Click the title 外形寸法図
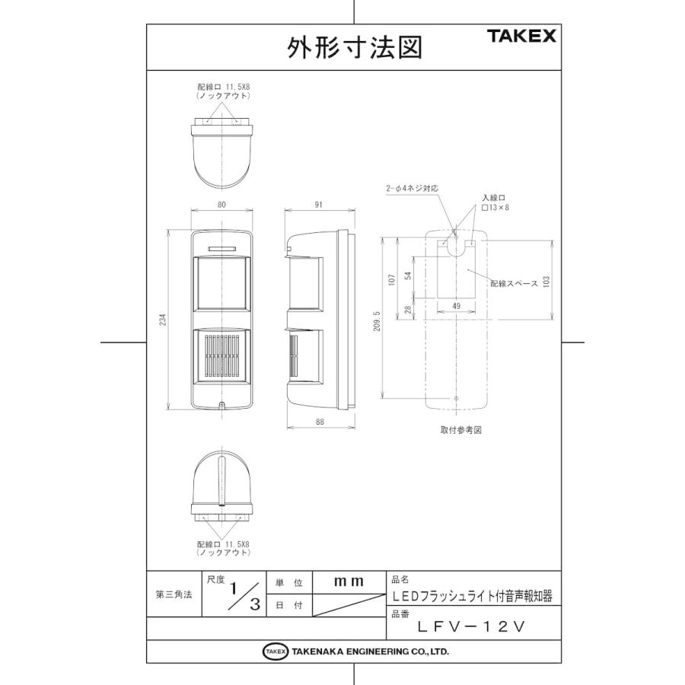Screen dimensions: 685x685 [x=354, y=48]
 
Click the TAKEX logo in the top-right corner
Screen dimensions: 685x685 [x=521, y=36]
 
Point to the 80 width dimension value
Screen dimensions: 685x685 [x=221, y=204]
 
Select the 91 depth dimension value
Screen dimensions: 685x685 [x=319, y=204]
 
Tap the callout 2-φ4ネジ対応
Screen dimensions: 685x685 [x=413, y=187]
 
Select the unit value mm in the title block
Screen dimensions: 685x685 [x=349, y=581]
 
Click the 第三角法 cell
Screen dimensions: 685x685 [x=173, y=594]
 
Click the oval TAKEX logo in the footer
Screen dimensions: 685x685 [x=275, y=652]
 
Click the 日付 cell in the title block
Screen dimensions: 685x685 [x=288, y=606]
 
